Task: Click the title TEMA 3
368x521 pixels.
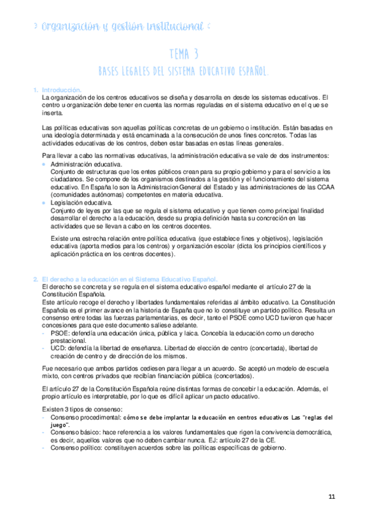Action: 184,53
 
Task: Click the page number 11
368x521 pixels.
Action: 332,497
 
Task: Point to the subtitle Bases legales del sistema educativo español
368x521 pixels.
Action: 184,72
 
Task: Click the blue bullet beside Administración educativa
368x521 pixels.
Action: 43,165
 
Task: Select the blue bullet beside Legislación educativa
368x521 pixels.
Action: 43,202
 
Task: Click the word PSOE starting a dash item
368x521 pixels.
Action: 60,332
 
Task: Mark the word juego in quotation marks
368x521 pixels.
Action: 60,425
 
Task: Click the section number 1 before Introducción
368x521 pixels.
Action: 36,90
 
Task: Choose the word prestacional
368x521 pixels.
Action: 68,340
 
